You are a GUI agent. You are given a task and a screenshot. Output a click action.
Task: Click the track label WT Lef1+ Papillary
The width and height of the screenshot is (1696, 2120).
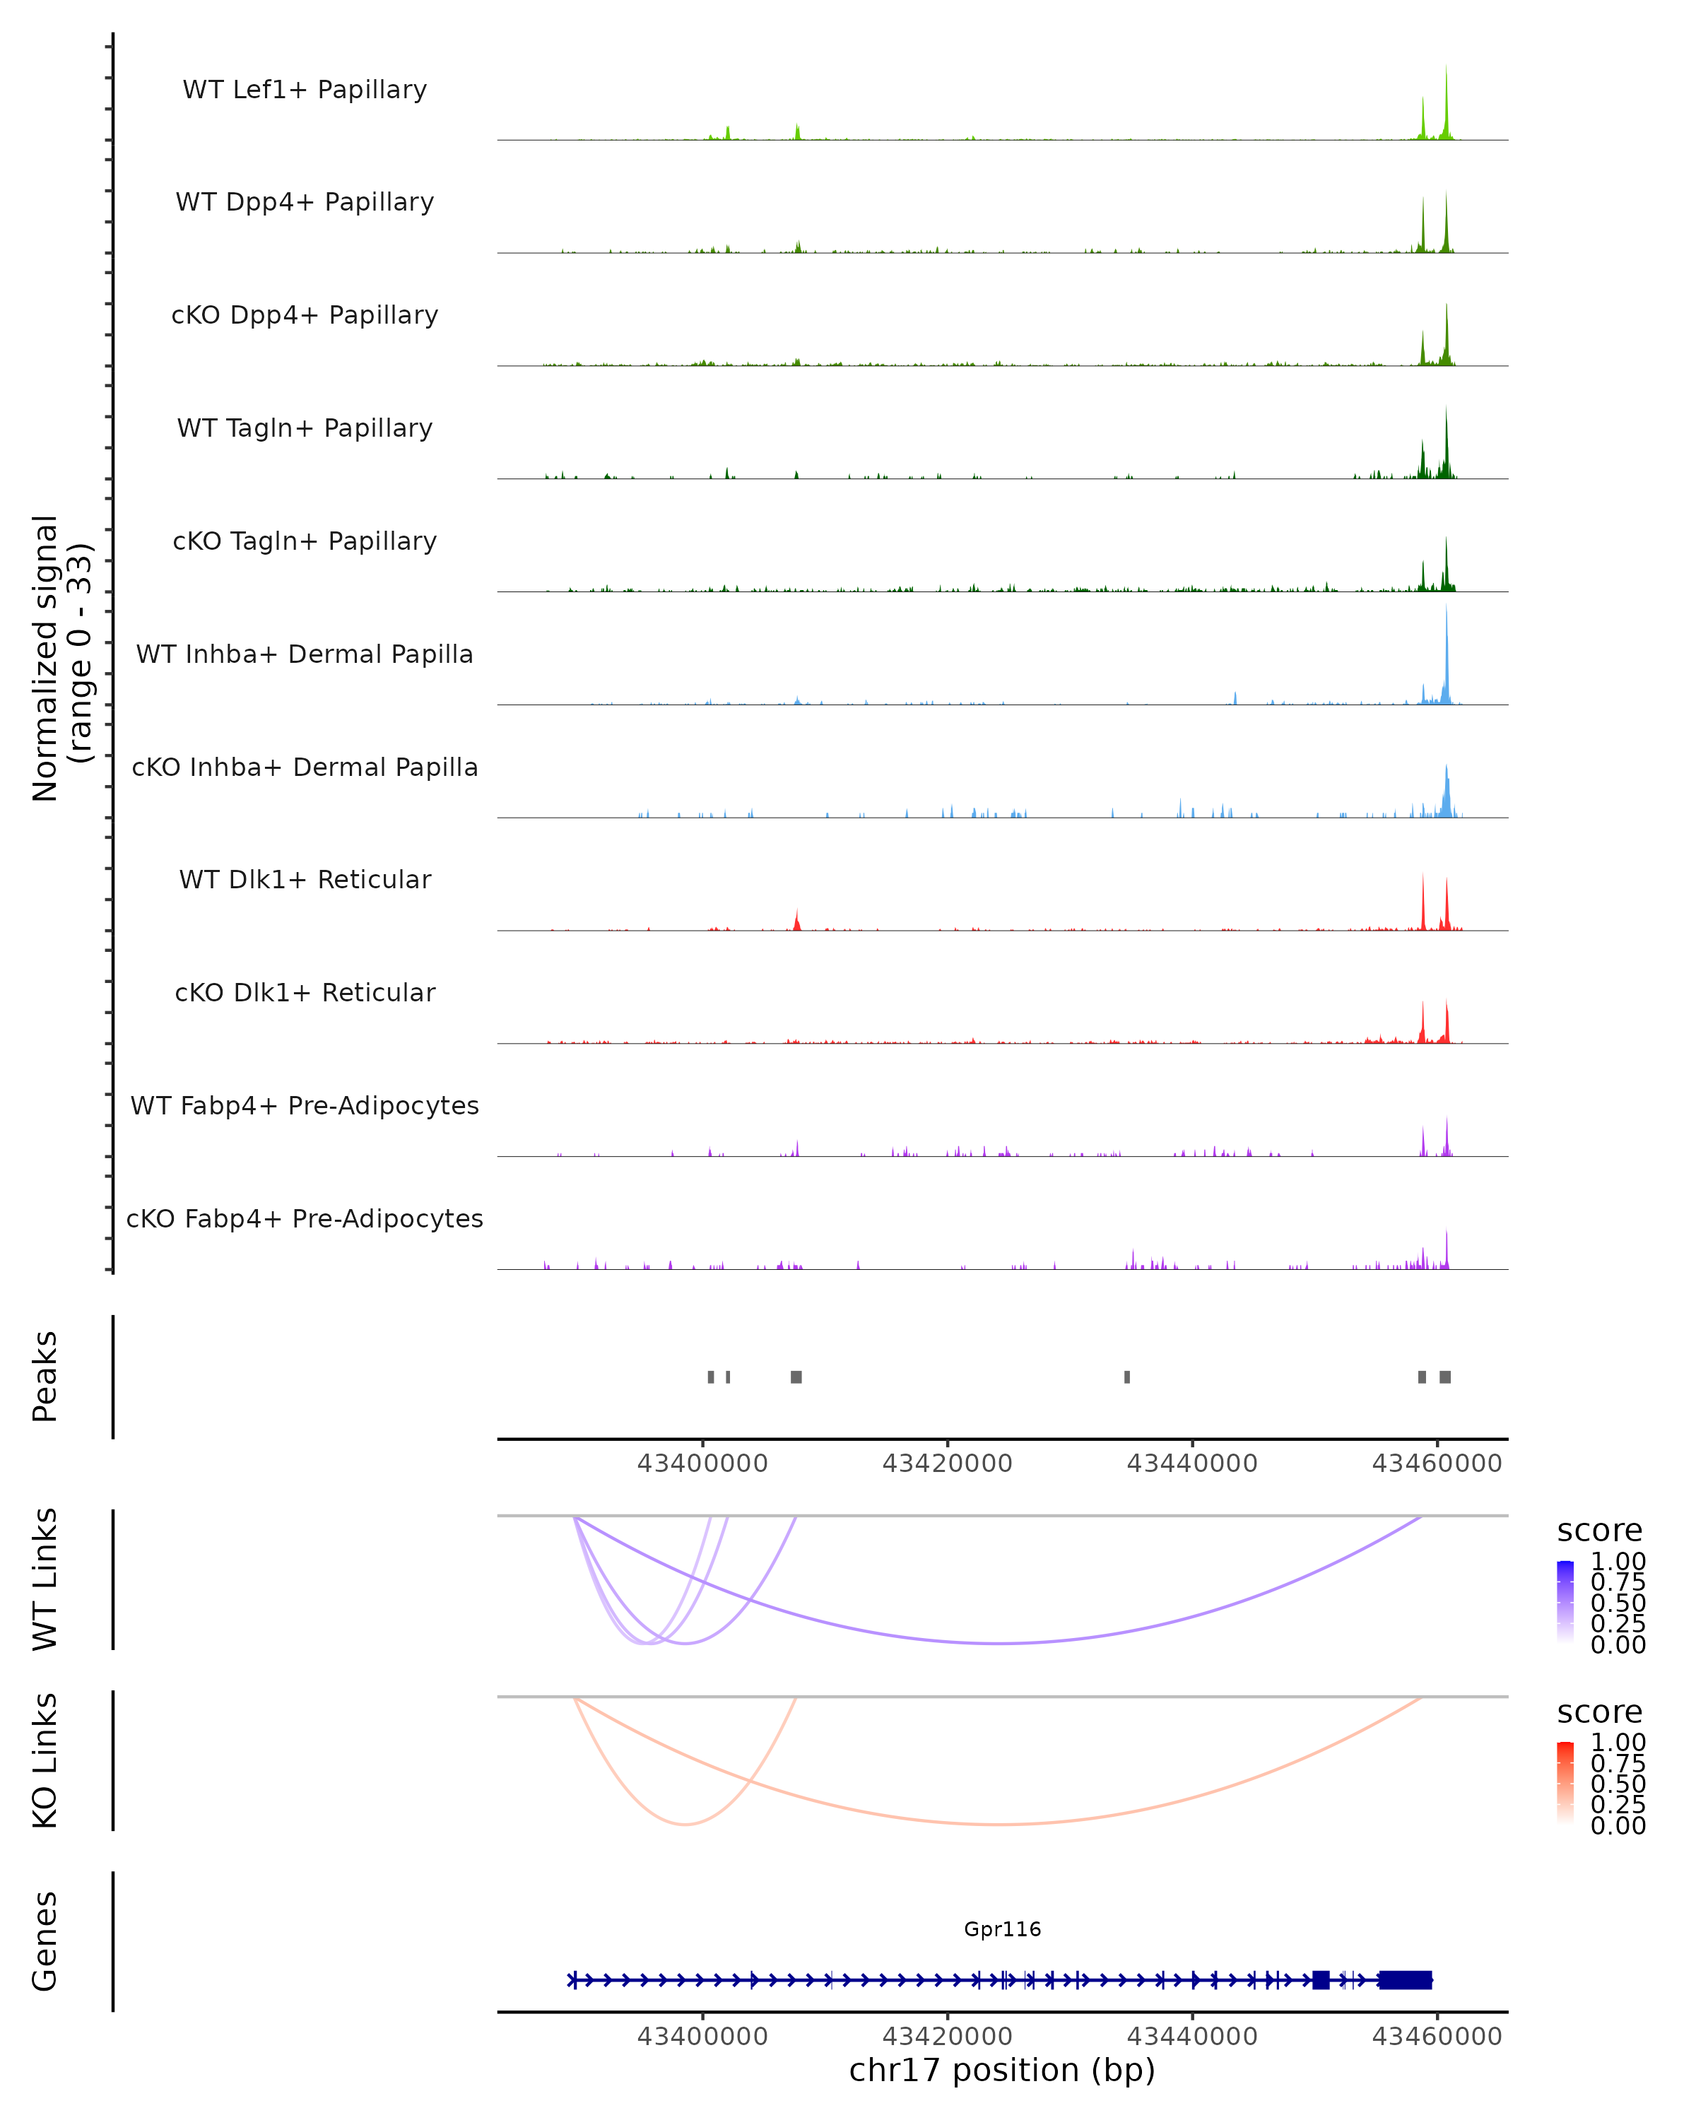click(x=305, y=90)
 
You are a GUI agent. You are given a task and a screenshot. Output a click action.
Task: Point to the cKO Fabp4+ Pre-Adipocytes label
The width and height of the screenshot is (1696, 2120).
click(x=305, y=1218)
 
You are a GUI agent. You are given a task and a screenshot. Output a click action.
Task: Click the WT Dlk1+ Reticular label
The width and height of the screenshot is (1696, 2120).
click(x=305, y=879)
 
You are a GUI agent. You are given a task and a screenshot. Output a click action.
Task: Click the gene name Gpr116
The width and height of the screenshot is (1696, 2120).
click(x=1002, y=1928)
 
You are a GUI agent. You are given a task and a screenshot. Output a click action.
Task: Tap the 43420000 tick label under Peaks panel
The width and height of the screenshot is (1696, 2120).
click(x=947, y=1464)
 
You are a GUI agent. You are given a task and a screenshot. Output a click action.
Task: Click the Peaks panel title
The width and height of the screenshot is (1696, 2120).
click(x=45, y=1377)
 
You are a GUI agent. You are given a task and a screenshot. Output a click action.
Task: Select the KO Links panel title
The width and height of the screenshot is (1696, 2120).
click(x=45, y=1760)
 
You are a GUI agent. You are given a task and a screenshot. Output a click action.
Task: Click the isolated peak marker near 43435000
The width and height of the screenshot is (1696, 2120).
click(x=1126, y=1377)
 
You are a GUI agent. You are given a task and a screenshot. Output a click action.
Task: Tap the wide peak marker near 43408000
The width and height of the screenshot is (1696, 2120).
click(x=796, y=1377)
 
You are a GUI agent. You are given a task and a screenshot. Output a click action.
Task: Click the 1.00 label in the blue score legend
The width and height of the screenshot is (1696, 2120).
click(x=1618, y=1562)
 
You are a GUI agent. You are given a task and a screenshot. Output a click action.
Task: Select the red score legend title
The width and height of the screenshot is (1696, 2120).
click(x=1600, y=1712)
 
